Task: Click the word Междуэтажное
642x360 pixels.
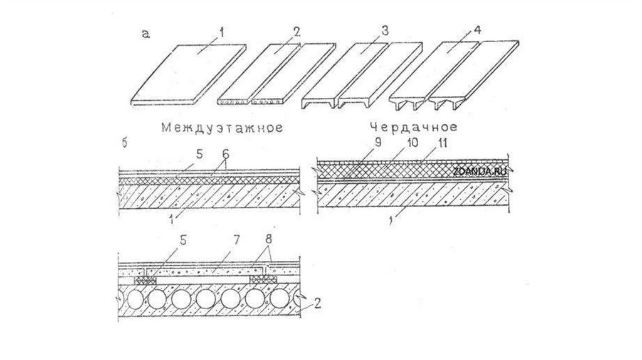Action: pyautogui.click(x=219, y=128)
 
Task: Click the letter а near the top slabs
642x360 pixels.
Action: pyautogui.click(x=145, y=35)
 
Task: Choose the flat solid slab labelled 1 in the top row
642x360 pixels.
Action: pyautogui.click(x=188, y=72)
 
